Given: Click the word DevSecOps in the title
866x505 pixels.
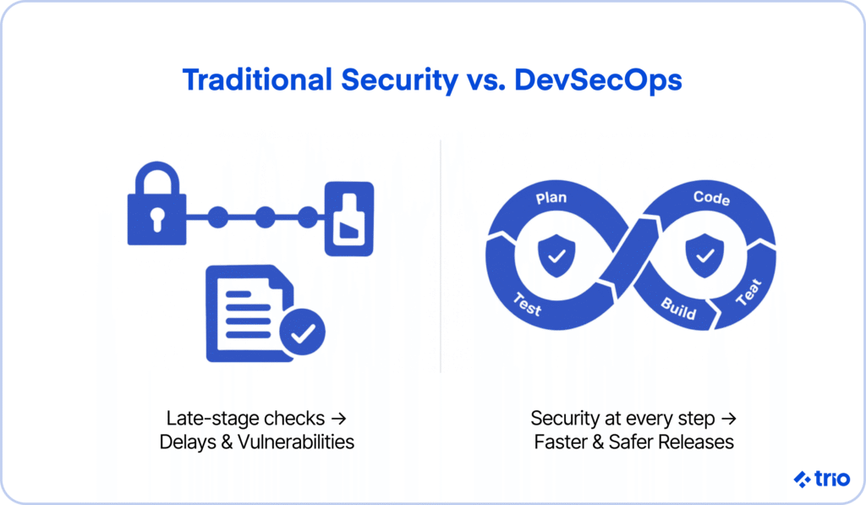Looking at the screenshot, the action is click(598, 80).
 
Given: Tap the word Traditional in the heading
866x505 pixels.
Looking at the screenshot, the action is click(257, 80).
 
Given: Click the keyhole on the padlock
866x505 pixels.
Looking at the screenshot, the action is click(157, 219).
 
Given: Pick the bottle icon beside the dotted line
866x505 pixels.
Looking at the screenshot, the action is click(349, 219).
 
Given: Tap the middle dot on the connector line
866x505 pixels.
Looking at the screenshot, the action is click(265, 217).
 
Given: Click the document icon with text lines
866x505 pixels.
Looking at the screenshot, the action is click(249, 313).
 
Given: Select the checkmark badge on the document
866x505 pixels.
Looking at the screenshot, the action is click(302, 332).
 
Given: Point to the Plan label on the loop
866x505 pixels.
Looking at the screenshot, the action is click(551, 197).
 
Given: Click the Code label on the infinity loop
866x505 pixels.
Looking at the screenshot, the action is click(711, 197).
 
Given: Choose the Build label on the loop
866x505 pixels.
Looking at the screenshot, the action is click(679, 308).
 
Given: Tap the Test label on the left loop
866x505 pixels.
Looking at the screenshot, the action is click(528, 304).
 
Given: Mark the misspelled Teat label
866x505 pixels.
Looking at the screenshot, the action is click(749, 293).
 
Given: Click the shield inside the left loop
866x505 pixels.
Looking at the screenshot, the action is click(556, 255).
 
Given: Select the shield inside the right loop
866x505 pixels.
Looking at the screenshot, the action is click(704, 255).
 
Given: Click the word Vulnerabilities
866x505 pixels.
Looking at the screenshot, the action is click(296, 442).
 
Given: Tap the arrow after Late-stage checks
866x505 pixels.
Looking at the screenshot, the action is click(338, 419).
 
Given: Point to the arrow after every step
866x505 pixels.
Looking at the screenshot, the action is click(729, 419).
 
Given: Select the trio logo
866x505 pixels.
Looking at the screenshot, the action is click(822, 479).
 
